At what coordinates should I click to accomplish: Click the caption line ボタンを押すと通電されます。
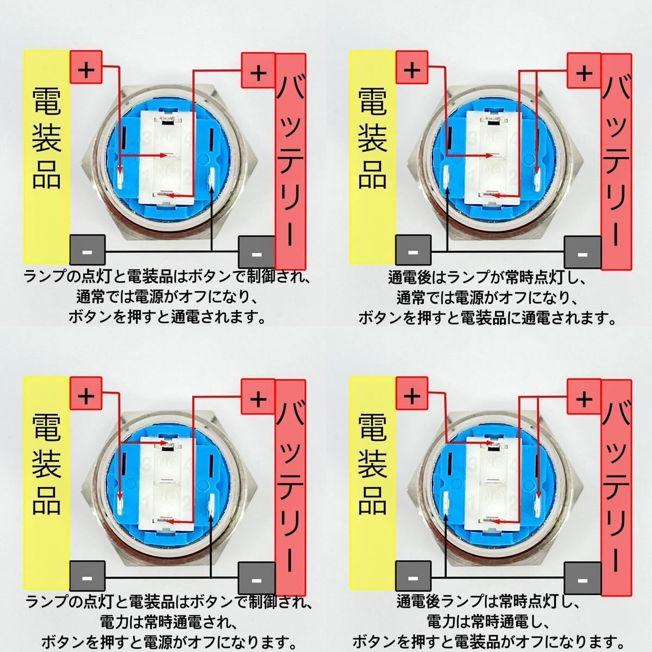point(167,317)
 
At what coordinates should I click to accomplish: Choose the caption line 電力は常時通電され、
point(167,620)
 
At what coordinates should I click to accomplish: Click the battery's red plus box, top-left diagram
point(259,72)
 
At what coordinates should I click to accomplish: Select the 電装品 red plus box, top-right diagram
point(412,70)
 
